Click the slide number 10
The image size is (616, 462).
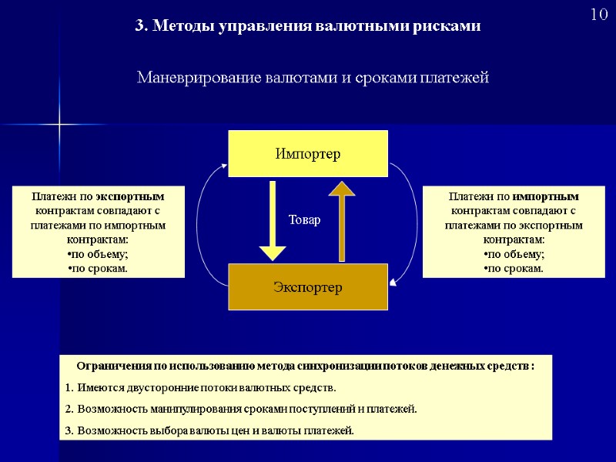pyautogui.click(x=599, y=15)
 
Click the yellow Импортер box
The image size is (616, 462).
pyautogui.click(x=308, y=153)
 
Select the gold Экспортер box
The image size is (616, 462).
pyautogui.click(x=308, y=287)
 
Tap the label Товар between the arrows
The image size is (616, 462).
pyautogui.click(x=304, y=220)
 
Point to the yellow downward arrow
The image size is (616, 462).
pyautogui.click(x=273, y=219)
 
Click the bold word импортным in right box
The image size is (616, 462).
pyautogui.click(x=546, y=196)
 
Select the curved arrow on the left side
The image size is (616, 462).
pyautogui.click(x=203, y=223)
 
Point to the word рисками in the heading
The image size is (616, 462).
pyautogui.click(x=454, y=25)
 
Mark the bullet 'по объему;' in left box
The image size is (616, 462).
pyautogui.click(x=98, y=255)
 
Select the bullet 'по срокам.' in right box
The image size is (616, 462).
pyautogui.click(x=514, y=269)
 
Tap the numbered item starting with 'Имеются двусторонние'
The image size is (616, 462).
pyautogui.click(x=201, y=387)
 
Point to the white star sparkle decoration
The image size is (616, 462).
pyautogui.click(x=59, y=124)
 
